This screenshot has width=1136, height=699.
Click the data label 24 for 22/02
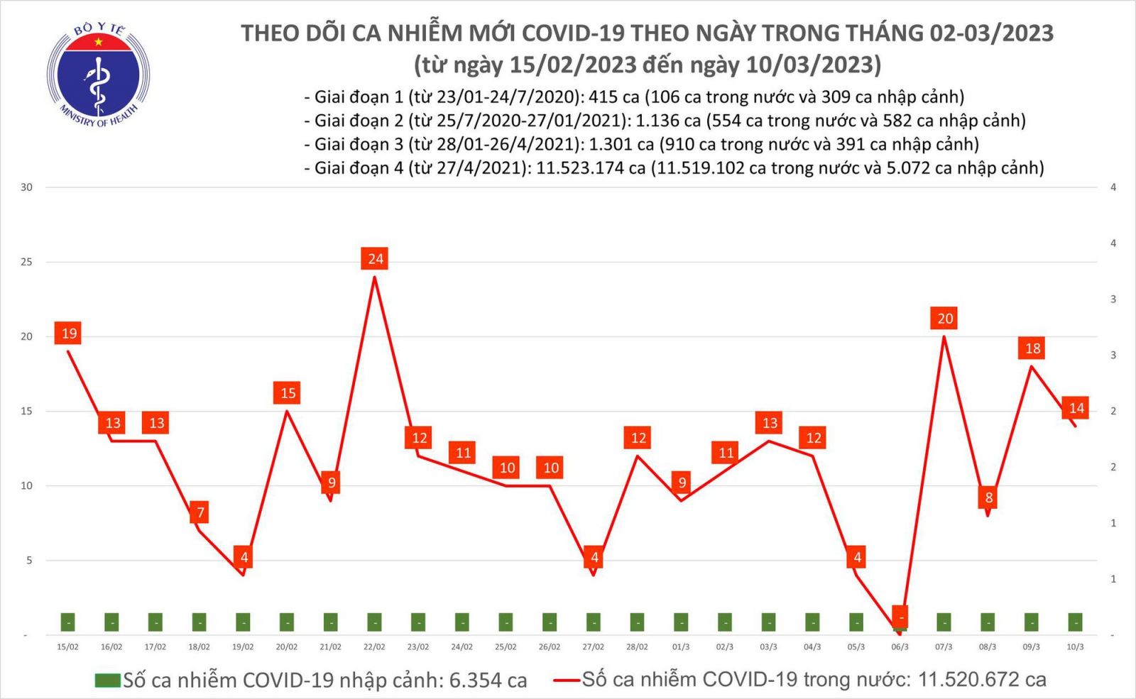click(x=375, y=259)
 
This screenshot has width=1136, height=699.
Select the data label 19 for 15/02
click(x=69, y=334)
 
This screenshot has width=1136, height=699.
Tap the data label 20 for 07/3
click(x=944, y=319)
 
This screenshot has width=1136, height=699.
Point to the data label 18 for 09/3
click(x=1032, y=348)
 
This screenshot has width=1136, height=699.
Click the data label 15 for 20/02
click(x=288, y=393)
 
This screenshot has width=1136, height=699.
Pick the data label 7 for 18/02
click(x=200, y=512)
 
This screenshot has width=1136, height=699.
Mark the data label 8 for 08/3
click(x=988, y=497)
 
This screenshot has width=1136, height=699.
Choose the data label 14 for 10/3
click(x=1076, y=408)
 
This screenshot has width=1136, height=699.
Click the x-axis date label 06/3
click(x=900, y=647)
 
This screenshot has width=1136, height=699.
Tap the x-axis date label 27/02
click(x=593, y=647)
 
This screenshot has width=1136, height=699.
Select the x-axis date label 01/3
click(x=681, y=647)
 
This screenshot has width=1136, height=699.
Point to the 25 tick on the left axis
click(x=27, y=262)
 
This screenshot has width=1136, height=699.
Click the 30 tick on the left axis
click(x=27, y=187)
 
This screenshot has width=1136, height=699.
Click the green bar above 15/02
click(x=68, y=622)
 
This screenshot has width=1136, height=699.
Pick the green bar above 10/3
click(x=1076, y=622)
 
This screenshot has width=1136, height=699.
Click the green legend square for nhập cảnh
click(x=108, y=681)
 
